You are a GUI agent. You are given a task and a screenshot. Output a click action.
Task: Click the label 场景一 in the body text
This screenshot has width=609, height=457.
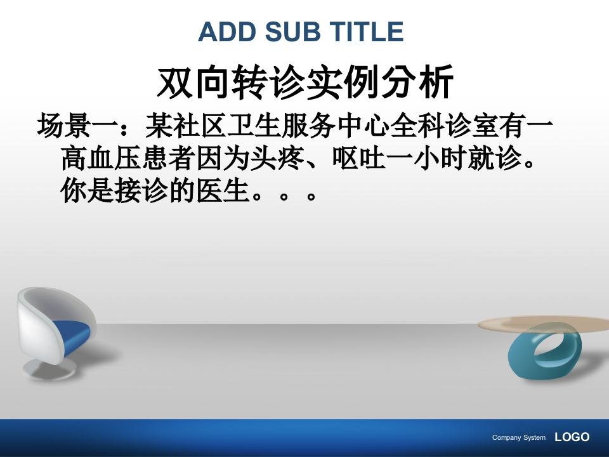(x=77, y=126)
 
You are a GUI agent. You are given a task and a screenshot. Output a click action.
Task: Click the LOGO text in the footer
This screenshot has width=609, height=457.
(x=572, y=437)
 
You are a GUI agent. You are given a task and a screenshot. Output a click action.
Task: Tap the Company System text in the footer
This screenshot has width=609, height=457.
(x=518, y=438)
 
